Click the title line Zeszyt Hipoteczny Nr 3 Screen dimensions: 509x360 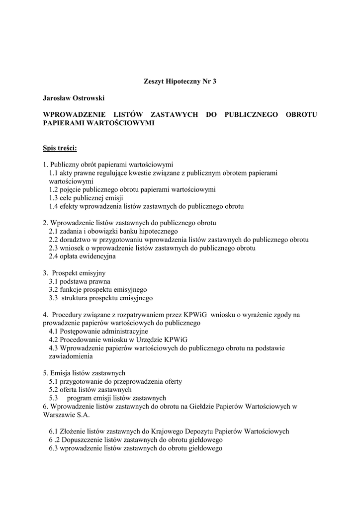click(x=180, y=82)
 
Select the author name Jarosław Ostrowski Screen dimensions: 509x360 click(x=73, y=98)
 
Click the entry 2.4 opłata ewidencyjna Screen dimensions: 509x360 click(x=82, y=256)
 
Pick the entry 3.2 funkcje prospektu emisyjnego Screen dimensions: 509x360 click(x=97, y=290)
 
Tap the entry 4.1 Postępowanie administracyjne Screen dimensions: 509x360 click(x=98, y=331)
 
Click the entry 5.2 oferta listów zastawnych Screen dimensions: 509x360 click(x=90, y=390)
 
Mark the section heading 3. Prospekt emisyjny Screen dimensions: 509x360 click(x=75, y=273)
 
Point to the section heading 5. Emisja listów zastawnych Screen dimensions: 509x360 click(x=84, y=373)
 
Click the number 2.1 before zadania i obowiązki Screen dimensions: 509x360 click(x=54, y=231)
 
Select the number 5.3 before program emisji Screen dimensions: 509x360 click(x=54, y=398)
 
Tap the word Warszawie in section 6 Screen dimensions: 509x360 click(x=59, y=415)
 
